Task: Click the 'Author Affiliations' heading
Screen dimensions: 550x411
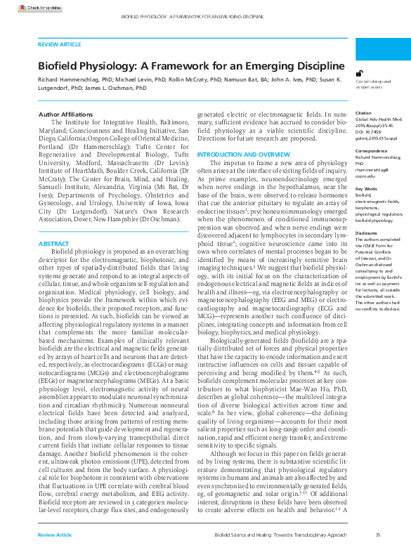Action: tap(65, 114)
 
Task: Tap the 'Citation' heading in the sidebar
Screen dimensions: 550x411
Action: tap(363, 112)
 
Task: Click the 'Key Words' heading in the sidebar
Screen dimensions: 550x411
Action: tap(365, 189)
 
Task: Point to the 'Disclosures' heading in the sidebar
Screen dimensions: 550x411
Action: tap(367, 232)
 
